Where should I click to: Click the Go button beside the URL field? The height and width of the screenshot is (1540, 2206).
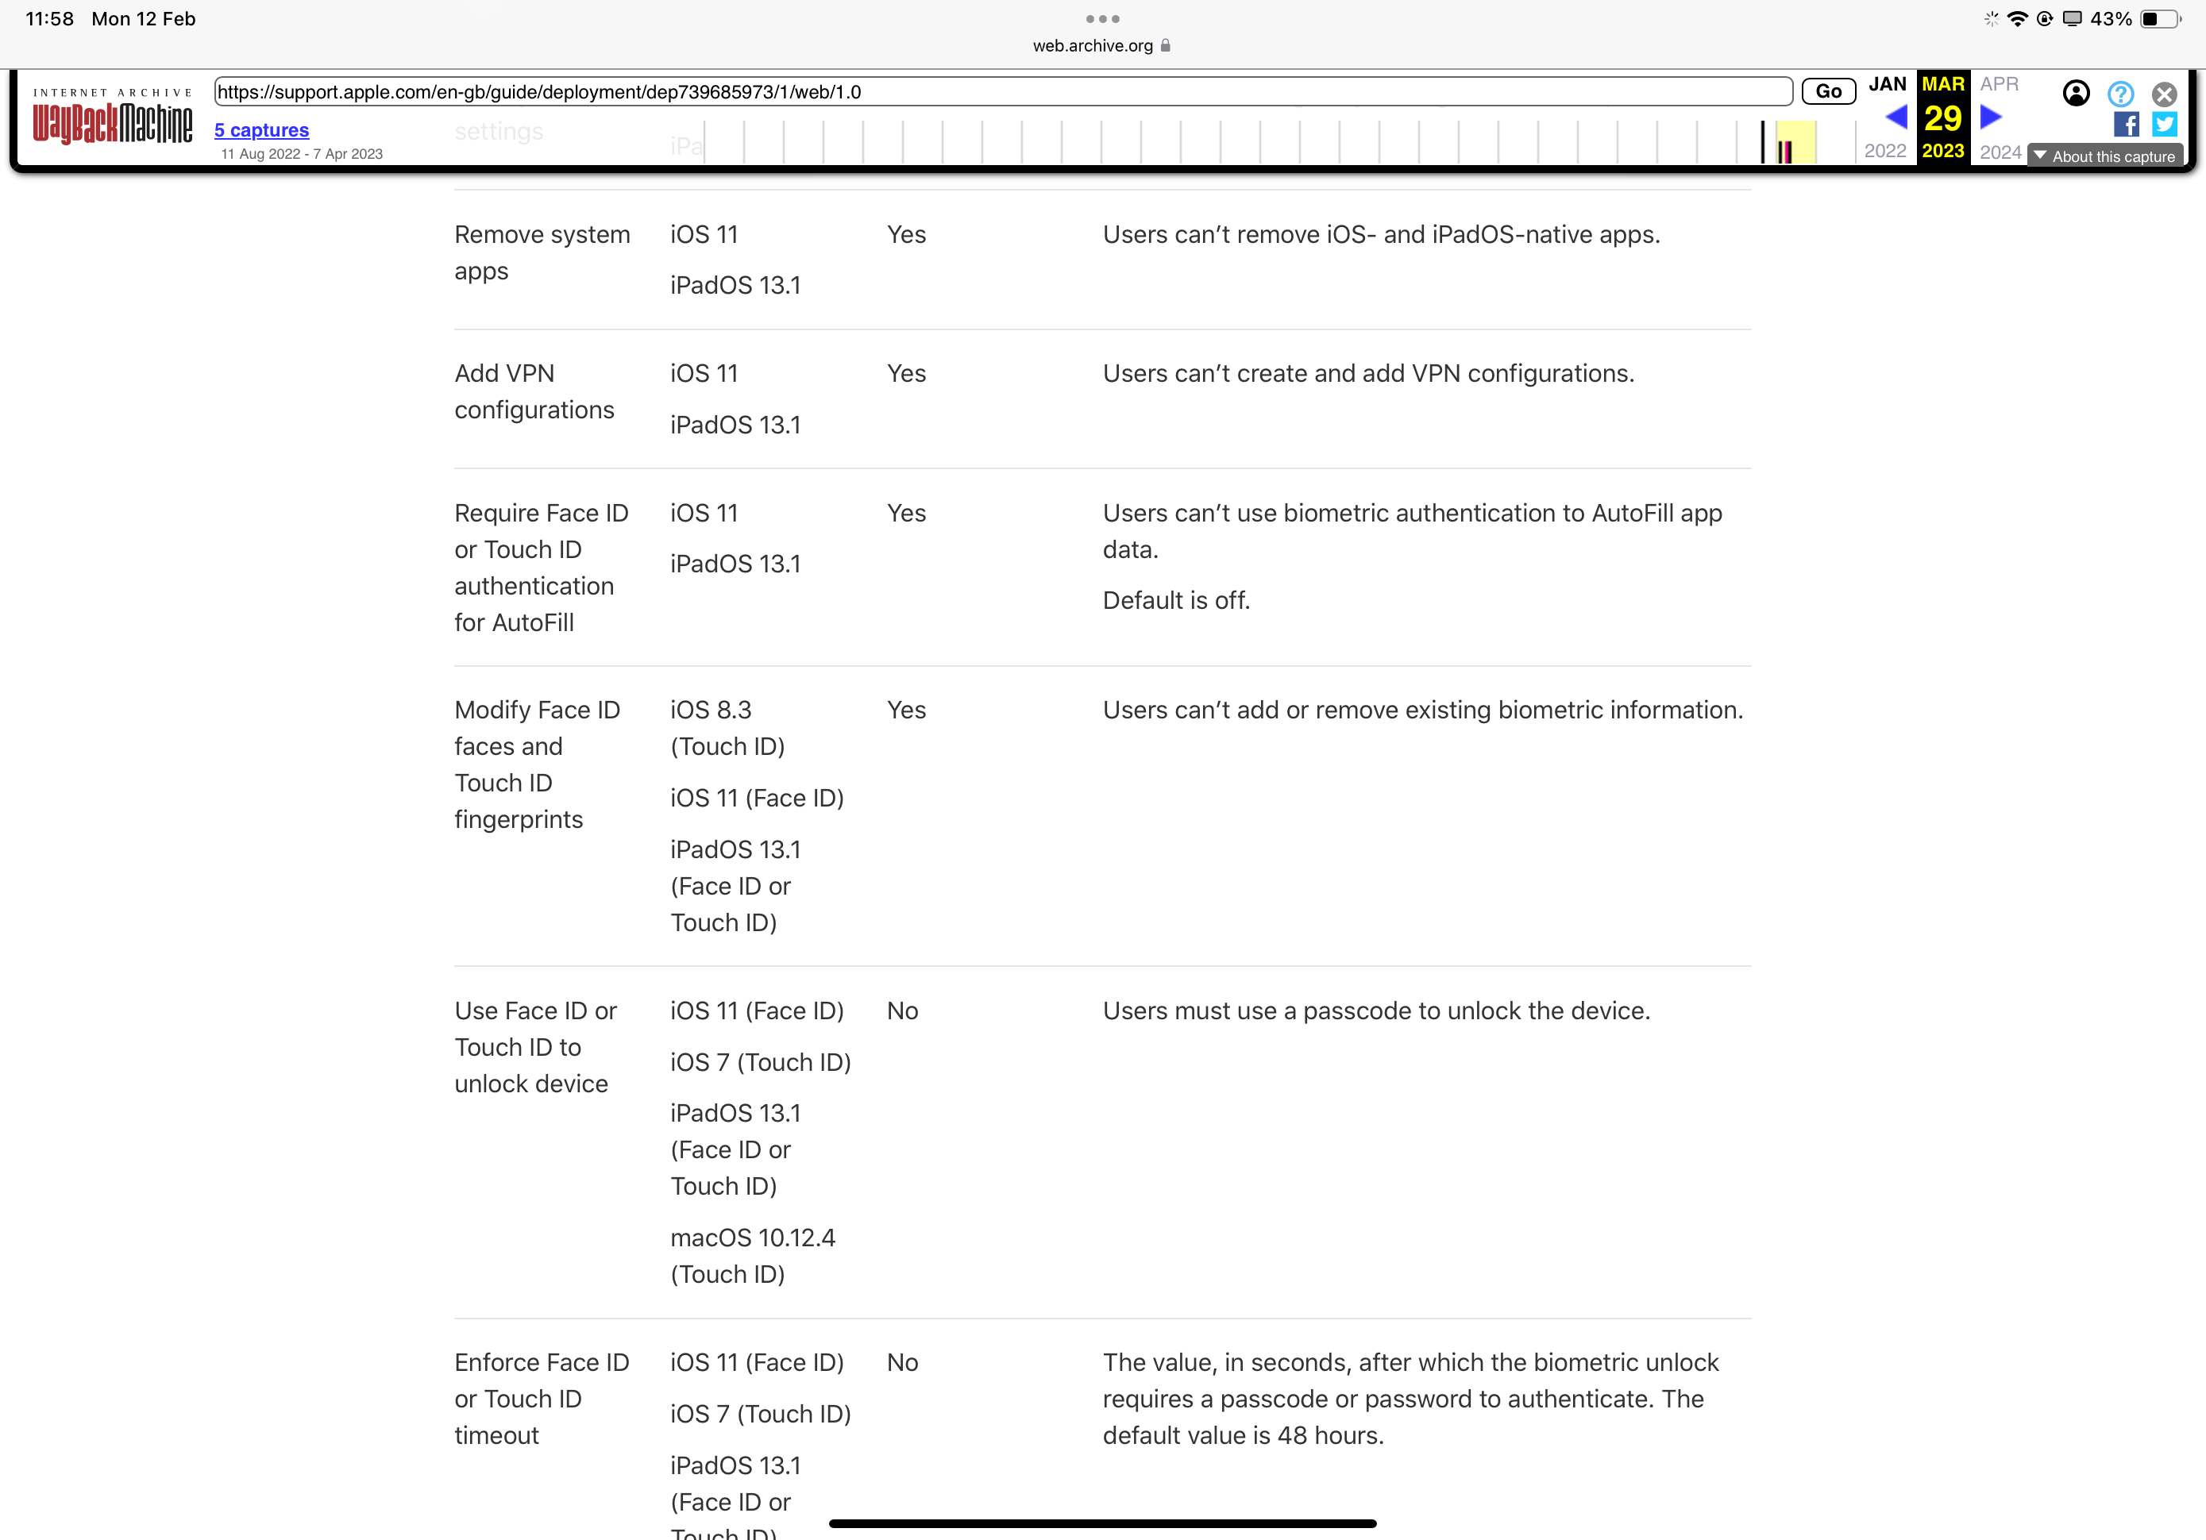(1827, 91)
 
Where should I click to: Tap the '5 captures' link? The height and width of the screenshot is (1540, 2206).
(261, 129)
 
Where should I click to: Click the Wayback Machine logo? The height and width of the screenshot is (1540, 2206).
(113, 119)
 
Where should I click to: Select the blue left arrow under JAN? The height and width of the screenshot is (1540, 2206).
(1896, 117)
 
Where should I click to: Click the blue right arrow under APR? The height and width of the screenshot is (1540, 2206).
(1991, 117)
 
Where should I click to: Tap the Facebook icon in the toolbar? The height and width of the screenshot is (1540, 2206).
(2125, 124)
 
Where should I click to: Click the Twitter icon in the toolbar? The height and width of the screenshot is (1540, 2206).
(2164, 124)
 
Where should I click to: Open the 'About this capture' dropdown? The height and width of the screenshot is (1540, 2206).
(2104, 156)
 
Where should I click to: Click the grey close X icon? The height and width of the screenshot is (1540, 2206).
(2164, 93)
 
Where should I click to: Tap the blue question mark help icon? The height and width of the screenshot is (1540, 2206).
(2120, 93)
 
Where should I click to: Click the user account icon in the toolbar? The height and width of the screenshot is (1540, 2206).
(2075, 93)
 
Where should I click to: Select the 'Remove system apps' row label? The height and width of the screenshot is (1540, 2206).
(542, 252)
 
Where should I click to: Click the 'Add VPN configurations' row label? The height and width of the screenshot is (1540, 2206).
(534, 391)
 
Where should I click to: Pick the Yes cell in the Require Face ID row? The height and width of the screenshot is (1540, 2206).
(906, 513)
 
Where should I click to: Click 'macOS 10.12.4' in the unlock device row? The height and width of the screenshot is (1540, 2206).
(752, 1238)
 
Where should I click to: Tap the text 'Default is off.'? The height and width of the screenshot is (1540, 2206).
(1176, 600)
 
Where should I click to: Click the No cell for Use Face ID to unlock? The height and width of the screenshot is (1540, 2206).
(902, 1011)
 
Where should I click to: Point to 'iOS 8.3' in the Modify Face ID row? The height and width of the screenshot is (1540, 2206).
(711, 710)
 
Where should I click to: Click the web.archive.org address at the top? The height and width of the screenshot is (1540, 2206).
(1093, 45)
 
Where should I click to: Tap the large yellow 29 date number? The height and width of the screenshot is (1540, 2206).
(1942, 118)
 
